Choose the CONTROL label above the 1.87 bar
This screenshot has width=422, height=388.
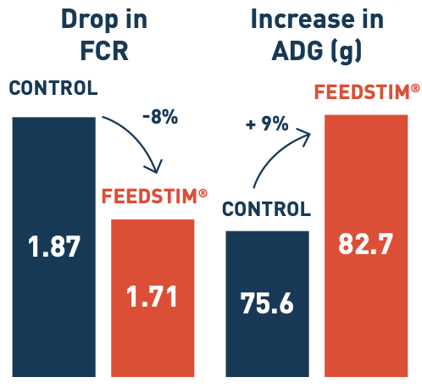tap(53, 88)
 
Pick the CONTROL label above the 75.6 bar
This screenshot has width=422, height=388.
tap(266, 209)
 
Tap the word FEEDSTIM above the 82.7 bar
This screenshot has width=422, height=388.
tap(362, 91)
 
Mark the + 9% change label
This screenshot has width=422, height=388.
tap(265, 125)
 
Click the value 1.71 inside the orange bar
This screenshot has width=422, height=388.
tap(153, 297)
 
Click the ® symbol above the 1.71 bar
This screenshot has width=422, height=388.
tap(203, 193)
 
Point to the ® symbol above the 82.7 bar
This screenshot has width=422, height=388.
tap(415, 87)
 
